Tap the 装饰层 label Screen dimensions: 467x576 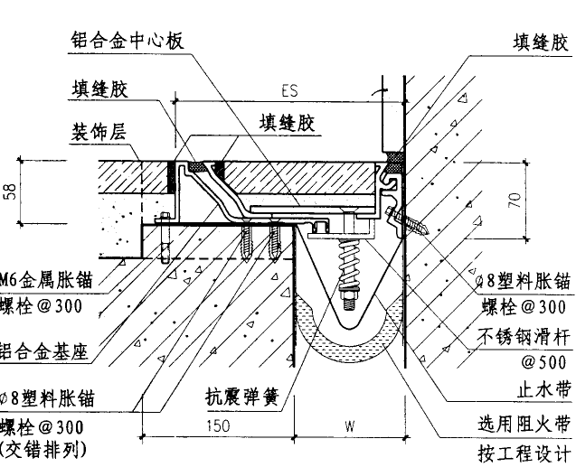(x=99, y=131)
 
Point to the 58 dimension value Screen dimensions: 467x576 (x=11, y=192)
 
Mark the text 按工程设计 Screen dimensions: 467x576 (x=524, y=452)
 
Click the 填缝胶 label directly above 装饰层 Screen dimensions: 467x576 (x=99, y=89)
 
